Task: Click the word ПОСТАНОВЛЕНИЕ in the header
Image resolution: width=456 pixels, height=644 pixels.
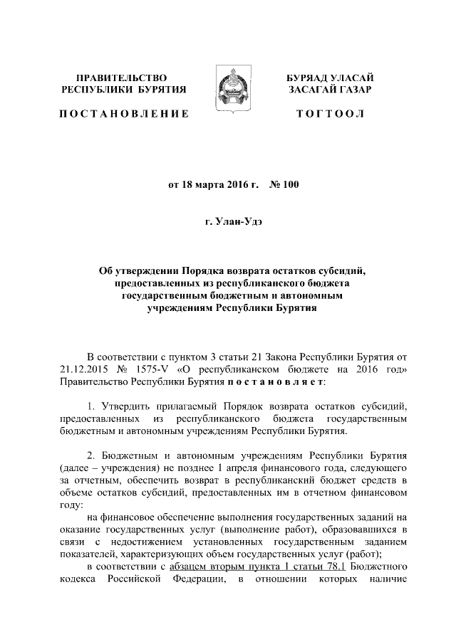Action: click(124, 114)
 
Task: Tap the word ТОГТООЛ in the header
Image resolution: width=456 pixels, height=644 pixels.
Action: click(331, 114)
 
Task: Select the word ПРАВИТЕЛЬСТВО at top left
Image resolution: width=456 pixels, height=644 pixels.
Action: click(122, 76)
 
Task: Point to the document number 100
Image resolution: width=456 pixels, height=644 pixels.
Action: click(291, 185)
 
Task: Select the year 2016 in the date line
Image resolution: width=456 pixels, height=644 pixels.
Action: click(230, 185)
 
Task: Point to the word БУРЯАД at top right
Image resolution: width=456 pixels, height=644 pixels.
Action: click(306, 76)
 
